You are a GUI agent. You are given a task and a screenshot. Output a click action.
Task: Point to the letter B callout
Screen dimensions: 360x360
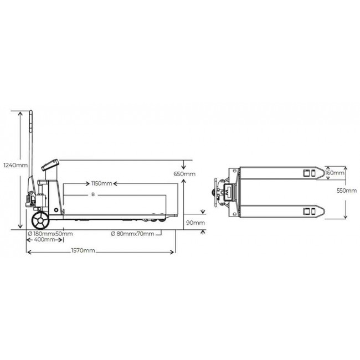[93, 195]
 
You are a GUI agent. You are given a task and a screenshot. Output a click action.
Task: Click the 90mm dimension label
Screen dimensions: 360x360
[195, 223]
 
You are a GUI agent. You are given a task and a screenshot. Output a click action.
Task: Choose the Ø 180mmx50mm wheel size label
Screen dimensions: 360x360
[50, 233]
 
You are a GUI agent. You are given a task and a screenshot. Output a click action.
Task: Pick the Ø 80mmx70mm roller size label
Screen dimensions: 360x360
[132, 233]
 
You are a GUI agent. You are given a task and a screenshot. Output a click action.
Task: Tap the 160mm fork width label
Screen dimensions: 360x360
[335, 173]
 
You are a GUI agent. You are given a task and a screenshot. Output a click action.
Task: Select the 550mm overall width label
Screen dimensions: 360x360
[347, 191]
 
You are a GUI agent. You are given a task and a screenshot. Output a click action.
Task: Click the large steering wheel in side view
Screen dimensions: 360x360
[40, 220]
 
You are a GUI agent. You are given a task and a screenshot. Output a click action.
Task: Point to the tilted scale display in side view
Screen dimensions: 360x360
[50, 164]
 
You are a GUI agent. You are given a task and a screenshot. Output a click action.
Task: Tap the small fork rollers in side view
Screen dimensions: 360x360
[158, 220]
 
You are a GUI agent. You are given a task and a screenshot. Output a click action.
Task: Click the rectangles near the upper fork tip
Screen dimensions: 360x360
[308, 173]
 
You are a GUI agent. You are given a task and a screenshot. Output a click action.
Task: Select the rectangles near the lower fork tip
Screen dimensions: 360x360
[308, 211]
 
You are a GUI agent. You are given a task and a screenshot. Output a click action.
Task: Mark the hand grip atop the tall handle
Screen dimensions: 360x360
[32, 119]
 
